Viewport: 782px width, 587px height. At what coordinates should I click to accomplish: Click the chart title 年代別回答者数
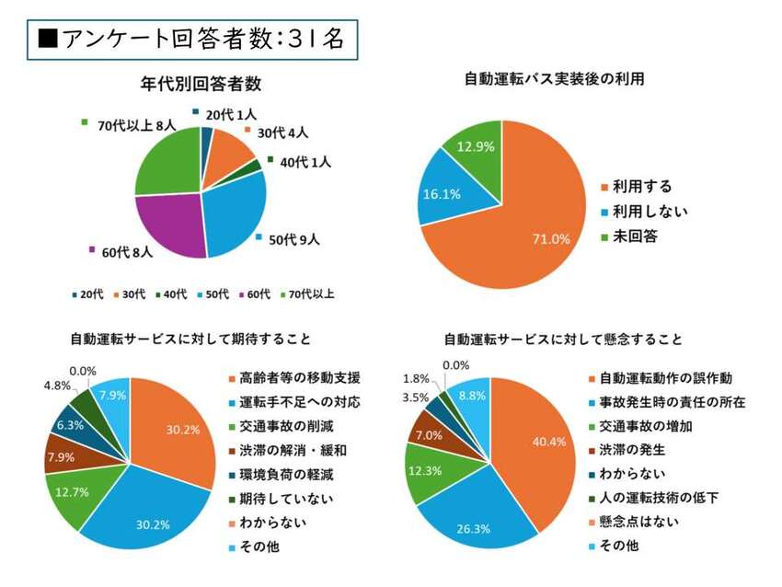coord(201,85)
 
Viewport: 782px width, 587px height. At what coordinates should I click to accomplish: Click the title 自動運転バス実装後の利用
coord(553,79)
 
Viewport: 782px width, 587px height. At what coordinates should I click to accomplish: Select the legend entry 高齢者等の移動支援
coord(293,378)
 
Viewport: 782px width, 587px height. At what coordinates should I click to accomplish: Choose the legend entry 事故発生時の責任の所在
coord(672,402)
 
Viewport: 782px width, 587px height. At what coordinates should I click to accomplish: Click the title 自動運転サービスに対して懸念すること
coord(563,340)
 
